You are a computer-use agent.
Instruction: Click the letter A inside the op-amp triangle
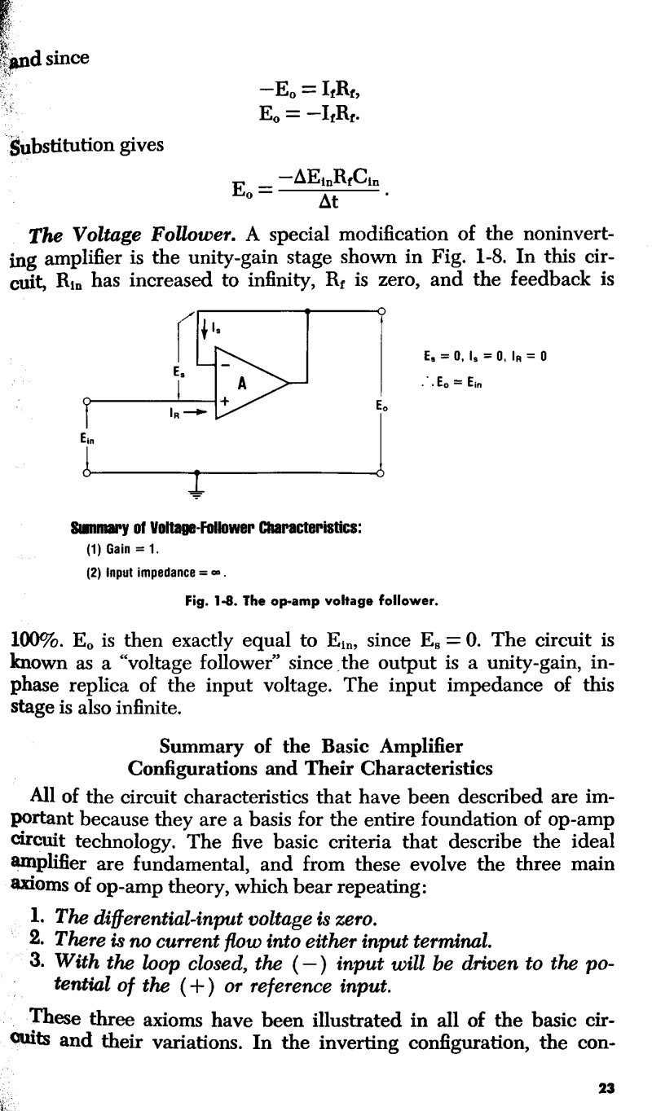241,385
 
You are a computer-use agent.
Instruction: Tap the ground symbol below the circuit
198,488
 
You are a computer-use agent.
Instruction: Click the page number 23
604,1087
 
